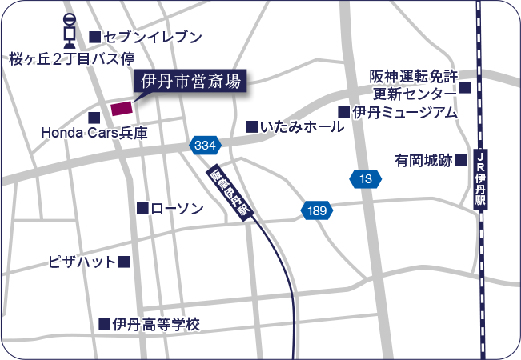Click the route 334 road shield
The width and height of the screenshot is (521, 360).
[205, 146]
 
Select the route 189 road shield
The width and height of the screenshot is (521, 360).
[317, 210]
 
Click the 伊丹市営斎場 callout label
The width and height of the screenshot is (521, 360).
[190, 81]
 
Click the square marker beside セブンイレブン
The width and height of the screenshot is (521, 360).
[94, 37]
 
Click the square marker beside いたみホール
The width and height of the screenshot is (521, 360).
[251, 126]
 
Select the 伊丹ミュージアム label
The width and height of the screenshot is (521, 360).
[404, 112]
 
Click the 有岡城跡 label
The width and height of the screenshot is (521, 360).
[423, 160]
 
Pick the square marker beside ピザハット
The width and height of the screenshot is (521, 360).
[124, 262]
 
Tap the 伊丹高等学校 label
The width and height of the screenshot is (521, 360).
[155, 324]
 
